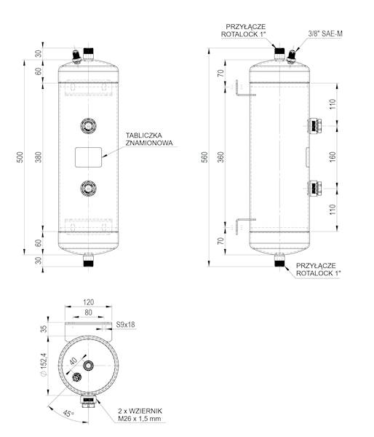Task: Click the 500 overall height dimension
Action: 20,157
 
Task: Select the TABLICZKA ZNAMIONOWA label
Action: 149,139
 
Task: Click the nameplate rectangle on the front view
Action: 88,157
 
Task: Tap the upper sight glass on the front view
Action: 88,125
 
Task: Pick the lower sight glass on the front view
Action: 88,188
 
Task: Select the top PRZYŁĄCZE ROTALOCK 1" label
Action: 245,28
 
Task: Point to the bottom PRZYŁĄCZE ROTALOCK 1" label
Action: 317,269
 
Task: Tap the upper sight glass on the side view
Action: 314,125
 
